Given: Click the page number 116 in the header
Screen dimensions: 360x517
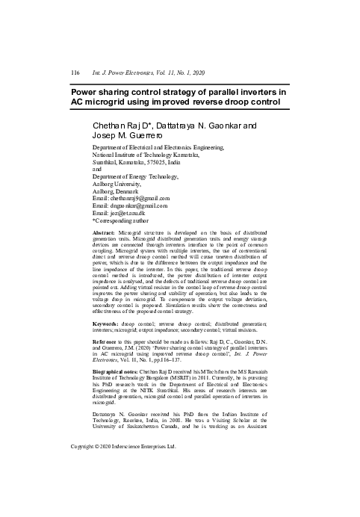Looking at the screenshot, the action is [75, 72].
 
